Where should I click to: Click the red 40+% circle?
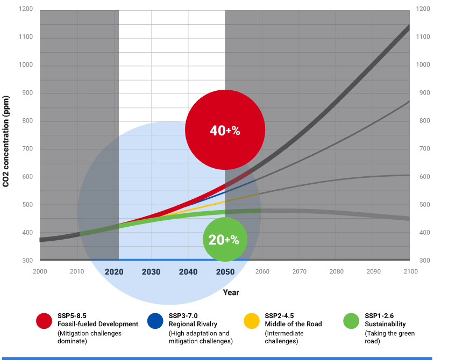pos(225,130)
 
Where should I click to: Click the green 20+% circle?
pos(225,240)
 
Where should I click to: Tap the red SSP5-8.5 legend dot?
pos(44,320)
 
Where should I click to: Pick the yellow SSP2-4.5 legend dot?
pos(251,320)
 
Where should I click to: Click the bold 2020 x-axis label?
pos(114,272)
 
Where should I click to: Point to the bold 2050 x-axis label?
pos(225,272)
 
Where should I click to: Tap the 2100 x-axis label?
pos(410,272)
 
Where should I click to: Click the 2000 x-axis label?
pos(40,272)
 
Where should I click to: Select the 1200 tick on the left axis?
pos(25,10)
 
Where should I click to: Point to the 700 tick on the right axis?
pos(424,149)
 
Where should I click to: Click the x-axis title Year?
pos(231,292)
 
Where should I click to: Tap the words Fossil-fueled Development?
pos(97,324)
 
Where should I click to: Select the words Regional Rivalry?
pos(193,324)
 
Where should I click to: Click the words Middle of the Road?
pos(293,324)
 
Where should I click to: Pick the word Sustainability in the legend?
pos(385,324)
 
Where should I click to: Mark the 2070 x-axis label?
pos(300,272)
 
